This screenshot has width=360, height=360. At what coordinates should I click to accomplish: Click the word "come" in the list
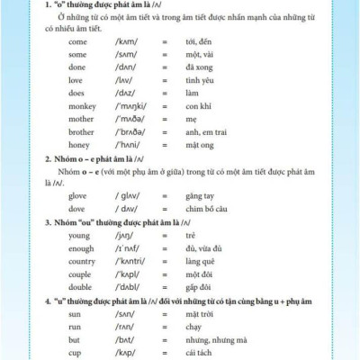(x=76, y=42)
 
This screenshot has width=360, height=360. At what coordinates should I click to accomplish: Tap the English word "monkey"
(x=82, y=106)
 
